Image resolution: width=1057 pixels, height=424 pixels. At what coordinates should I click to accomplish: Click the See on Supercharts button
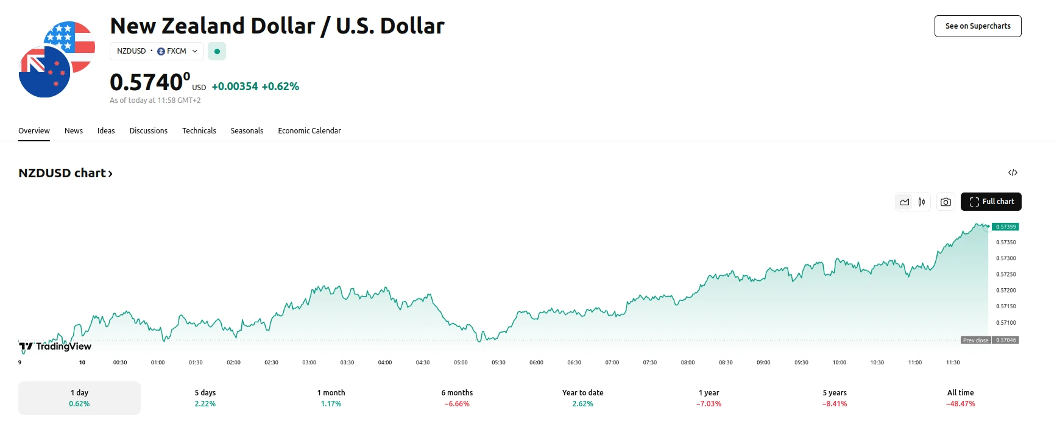[977, 26]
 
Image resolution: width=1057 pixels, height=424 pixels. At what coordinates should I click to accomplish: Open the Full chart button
[991, 202]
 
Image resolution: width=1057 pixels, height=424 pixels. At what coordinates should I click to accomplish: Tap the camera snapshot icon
[946, 202]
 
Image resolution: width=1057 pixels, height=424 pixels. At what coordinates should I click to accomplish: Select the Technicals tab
[199, 131]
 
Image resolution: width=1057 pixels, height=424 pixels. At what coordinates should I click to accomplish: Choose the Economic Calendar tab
[309, 131]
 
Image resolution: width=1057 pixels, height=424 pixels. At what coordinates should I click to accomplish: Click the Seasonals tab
[247, 131]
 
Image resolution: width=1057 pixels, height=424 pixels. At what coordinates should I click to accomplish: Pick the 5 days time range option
[205, 398]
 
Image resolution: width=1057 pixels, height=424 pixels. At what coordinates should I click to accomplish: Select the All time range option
[960, 398]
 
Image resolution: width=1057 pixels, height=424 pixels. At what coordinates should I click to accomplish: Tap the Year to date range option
[582, 398]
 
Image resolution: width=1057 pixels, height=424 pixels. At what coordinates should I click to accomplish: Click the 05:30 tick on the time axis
[498, 362]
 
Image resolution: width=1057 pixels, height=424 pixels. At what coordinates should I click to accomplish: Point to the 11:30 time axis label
[953, 362]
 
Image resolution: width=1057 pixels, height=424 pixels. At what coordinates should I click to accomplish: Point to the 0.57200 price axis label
[1006, 291]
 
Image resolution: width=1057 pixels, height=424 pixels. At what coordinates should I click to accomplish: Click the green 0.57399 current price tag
[1006, 227]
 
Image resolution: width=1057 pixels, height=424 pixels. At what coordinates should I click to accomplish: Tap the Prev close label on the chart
[975, 341]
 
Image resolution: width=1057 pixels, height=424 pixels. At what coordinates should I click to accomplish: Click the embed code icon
[1013, 173]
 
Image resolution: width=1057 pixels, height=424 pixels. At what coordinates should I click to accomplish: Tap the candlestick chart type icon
[922, 202]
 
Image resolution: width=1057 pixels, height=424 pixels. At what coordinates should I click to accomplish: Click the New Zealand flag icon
[44, 72]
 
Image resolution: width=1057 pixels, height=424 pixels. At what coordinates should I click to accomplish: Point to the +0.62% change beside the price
[280, 87]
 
